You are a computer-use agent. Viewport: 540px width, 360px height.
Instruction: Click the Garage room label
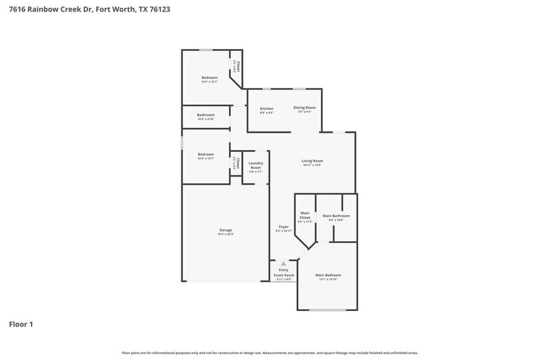click(x=225, y=231)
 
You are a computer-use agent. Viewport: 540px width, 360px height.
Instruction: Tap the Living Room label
click(x=312, y=161)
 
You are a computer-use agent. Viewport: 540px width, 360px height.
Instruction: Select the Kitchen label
click(x=266, y=108)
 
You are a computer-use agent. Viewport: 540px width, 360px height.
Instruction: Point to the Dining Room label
click(x=304, y=107)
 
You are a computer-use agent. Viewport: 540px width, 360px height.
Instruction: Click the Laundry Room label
click(x=255, y=165)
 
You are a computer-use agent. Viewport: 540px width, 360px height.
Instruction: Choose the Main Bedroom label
click(x=328, y=275)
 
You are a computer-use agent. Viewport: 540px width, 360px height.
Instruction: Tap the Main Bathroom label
click(x=336, y=216)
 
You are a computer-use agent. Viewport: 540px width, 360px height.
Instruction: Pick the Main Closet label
click(x=305, y=216)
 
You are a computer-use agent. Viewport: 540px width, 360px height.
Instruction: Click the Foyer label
click(x=283, y=227)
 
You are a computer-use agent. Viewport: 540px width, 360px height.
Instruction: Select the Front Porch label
click(x=283, y=276)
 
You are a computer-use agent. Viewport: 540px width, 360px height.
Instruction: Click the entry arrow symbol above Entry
click(x=283, y=263)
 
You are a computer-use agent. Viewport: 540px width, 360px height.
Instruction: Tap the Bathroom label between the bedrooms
click(x=206, y=115)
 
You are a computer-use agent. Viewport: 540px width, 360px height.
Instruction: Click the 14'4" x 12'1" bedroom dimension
click(x=209, y=81)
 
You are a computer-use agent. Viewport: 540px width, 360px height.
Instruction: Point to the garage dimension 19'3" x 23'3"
click(x=225, y=234)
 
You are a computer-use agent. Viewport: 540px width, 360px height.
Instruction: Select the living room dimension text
click(x=312, y=165)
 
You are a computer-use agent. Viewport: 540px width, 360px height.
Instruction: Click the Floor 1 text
click(x=21, y=324)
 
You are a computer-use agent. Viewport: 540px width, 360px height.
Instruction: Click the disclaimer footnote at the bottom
click(x=269, y=353)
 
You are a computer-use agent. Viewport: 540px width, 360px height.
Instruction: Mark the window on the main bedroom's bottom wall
click(x=328, y=310)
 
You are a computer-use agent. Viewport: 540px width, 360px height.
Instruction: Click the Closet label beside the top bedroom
click(x=238, y=66)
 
